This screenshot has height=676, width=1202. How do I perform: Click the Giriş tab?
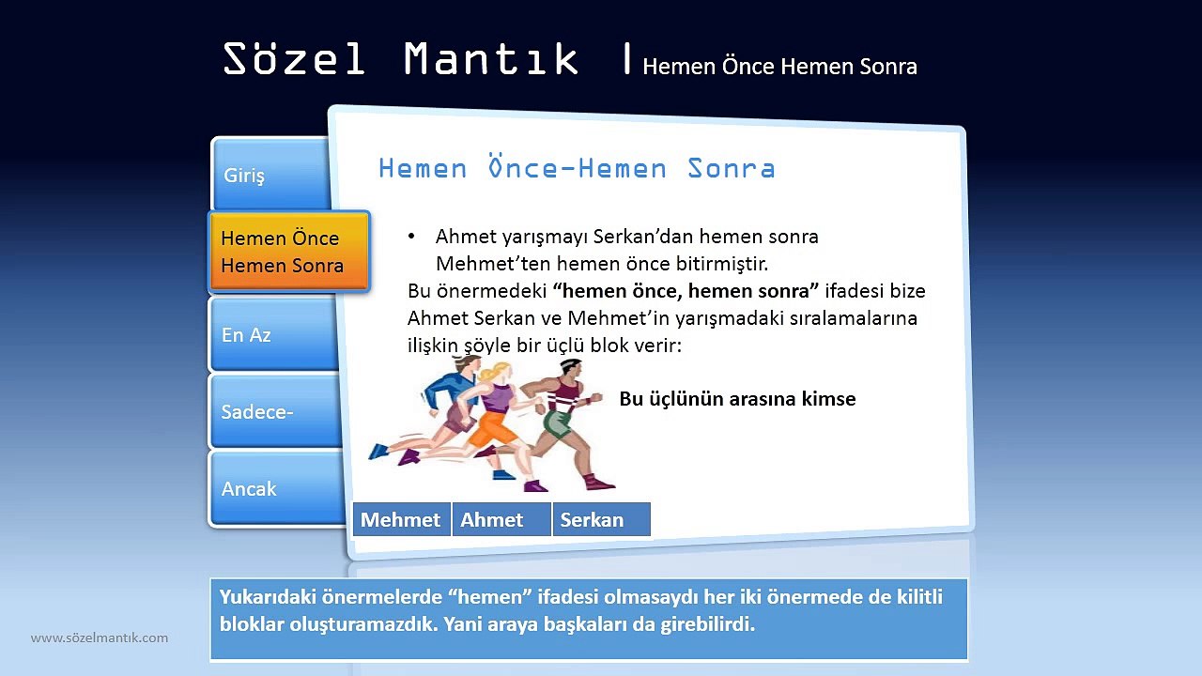pyautogui.click(x=270, y=176)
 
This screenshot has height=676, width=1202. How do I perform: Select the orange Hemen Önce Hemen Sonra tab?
pyautogui.click(x=287, y=252)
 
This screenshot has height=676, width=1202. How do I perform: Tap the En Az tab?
pyautogui.click(x=272, y=335)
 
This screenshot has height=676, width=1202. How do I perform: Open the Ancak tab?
pyautogui.click(x=274, y=489)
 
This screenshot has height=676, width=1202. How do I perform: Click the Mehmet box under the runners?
pyautogui.click(x=401, y=520)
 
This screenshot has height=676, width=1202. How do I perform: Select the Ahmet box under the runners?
pyautogui.click(x=500, y=520)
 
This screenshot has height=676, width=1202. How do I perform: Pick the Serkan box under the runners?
pyautogui.click(x=600, y=520)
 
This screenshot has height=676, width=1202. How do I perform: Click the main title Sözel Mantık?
pyautogui.click(x=401, y=59)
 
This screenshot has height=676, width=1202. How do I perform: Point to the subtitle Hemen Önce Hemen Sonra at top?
pyautogui.click(x=779, y=67)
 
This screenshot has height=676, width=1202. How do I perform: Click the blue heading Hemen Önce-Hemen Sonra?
pyautogui.click(x=577, y=169)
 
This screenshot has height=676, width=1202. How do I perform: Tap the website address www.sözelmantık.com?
pyautogui.click(x=100, y=638)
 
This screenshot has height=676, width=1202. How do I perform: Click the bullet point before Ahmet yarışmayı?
pyautogui.click(x=411, y=237)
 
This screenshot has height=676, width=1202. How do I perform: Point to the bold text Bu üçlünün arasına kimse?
pyautogui.click(x=737, y=399)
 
